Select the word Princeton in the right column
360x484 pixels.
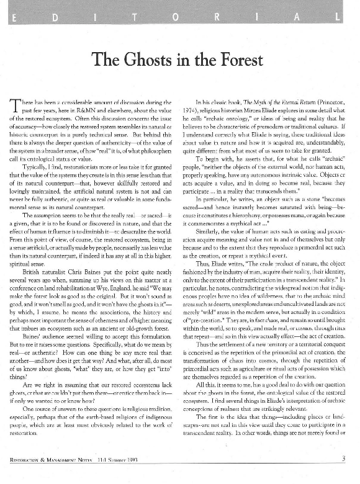[316, 99]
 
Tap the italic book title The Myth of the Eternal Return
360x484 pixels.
[274, 99]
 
